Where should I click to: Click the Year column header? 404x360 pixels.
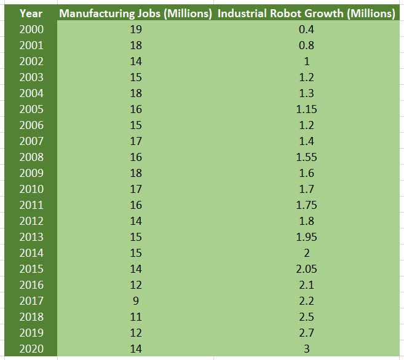(x=31, y=13)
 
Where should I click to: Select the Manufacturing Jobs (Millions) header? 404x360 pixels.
(x=136, y=13)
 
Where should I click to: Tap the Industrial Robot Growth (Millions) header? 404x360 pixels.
(x=306, y=13)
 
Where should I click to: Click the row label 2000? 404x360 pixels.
(x=31, y=29)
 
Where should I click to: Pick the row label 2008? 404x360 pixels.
(x=31, y=157)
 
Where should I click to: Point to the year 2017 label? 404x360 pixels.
(x=31, y=300)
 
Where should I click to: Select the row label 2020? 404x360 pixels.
(x=31, y=348)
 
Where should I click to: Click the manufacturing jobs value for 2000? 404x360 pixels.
(x=137, y=29)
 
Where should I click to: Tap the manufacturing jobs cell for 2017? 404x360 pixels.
(x=137, y=300)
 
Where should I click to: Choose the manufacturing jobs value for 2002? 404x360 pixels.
(x=137, y=61)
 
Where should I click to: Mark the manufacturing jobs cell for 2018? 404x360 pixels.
(x=137, y=316)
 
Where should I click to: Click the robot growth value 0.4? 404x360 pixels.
(x=306, y=29)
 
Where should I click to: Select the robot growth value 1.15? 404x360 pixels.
(x=306, y=109)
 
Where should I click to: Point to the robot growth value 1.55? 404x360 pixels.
(x=306, y=157)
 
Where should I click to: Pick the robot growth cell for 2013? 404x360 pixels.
(x=306, y=237)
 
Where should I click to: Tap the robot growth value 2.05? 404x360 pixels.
(x=306, y=268)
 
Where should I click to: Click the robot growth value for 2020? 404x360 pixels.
(x=306, y=348)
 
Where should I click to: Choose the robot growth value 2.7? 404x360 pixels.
(x=306, y=332)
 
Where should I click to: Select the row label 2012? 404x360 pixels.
(x=31, y=221)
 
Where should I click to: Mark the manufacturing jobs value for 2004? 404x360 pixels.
(x=137, y=93)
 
